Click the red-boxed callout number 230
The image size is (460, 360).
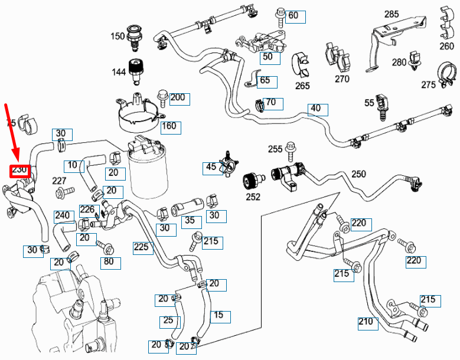pyautogui.click(x=20, y=170)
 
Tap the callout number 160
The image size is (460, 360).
pyautogui.click(x=169, y=126)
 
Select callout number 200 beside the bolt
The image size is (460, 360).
pyautogui.click(x=177, y=98)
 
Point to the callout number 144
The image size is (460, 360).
pyautogui.click(x=119, y=72)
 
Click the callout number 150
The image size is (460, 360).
pyautogui.click(x=118, y=36)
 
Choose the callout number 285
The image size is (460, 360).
pyautogui.click(x=392, y=14)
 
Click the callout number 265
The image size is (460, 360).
pyautogui.click(x=303, y=86)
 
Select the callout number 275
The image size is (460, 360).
pyautogui.click(x=428, y=85)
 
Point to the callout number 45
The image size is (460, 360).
pyautogui.click(x=211, y=168)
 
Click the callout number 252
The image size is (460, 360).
pyautogui.click(x=253, y=197)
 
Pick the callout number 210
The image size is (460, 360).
pyautogui.click(x=366, y=322)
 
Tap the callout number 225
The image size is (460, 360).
pyautogui.click(x=142, y=248)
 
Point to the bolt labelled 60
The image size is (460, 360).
pyautogui.click(x=280, y=13)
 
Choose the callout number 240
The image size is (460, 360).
pyautogui.click(x=62, y=216)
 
